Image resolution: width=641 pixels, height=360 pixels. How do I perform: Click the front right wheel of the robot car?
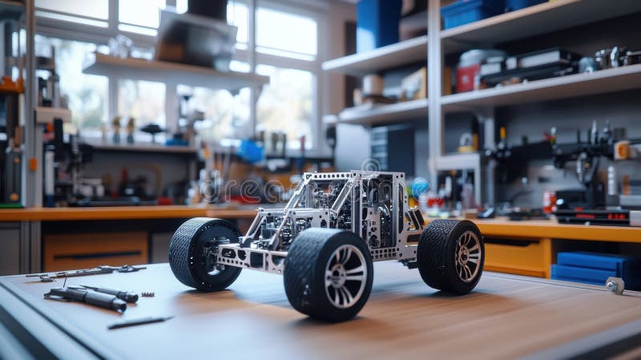(x=329, y=273)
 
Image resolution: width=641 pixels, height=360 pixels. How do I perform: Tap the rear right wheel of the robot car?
(x=451, y=256)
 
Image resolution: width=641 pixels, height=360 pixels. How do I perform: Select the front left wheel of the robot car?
(x=204, y=253)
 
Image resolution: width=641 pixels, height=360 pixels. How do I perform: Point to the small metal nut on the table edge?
(x=615, y=285)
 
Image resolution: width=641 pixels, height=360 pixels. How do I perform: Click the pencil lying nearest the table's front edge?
(x=139, y=322)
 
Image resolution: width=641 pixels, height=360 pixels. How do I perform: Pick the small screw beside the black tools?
(x=147, y=294)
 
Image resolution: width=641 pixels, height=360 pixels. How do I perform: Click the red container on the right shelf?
(x=467, y=78)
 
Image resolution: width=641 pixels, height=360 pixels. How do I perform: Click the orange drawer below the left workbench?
(x=95, y=251)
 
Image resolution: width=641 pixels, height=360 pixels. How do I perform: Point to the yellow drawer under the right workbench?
(x=514, y=257)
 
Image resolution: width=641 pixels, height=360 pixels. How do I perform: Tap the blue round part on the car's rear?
(x=420, y=188)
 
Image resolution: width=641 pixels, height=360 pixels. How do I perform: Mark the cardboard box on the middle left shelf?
(x=414, y=83)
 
